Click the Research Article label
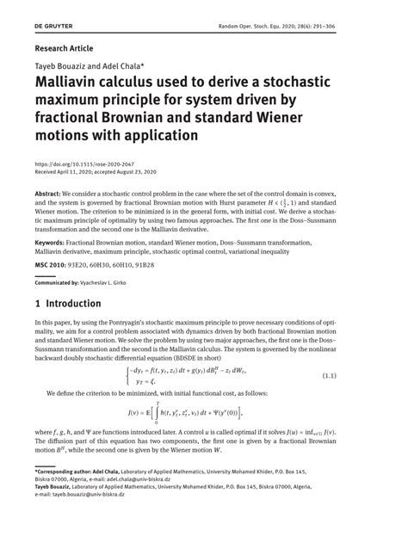64,48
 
